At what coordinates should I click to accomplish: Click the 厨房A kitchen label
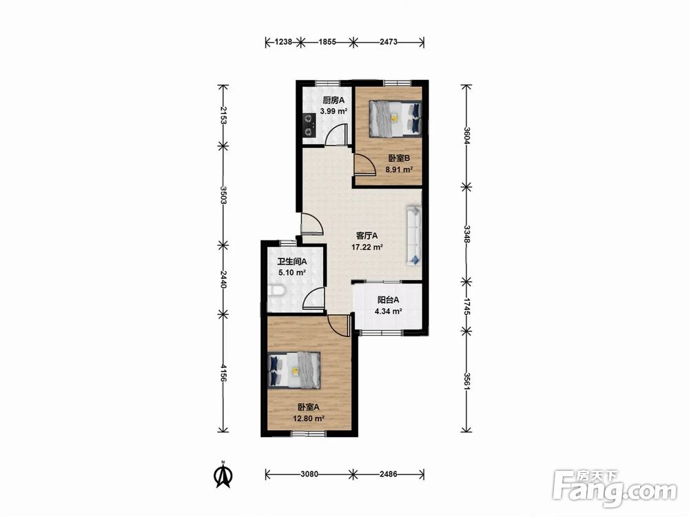pyautogui.click(x=333, y=100)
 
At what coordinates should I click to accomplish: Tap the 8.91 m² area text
pyautogui.click(x=399, y=170)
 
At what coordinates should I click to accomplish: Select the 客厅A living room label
pyautogui.click(x=367, y=236)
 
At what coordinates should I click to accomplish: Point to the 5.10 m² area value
pyautogui.click(x=291, y=272)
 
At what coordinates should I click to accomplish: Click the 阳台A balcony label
pyautogui.click(x=389, y=301)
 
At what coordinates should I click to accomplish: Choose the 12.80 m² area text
pyautogui.click(x=309, y=418)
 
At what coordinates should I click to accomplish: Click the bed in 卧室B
pyautogui.click(x=395, y=119)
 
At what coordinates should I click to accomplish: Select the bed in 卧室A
pyautogui.click(x=294, y=371)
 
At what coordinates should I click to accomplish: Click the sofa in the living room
pyautogui.click(x=414, y=235)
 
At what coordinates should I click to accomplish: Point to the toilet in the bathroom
pyautogui.click(x=276, y=291)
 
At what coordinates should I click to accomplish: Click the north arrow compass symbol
pyautogui.click(x=224, y=474)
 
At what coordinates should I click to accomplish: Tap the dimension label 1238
pyautogui.click(x=283, y=42)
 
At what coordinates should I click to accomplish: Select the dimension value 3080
pyautogui.click(x=309, y=474)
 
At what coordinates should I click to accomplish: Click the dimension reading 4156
pyautogui.click(x=224, y=373)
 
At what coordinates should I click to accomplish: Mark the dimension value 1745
pyautogui.click(x=466, y=305)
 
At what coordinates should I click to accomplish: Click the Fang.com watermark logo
pyautogui.click(x=615, y=489)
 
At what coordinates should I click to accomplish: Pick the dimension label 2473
pyautogui.click(x=389, y=42)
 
